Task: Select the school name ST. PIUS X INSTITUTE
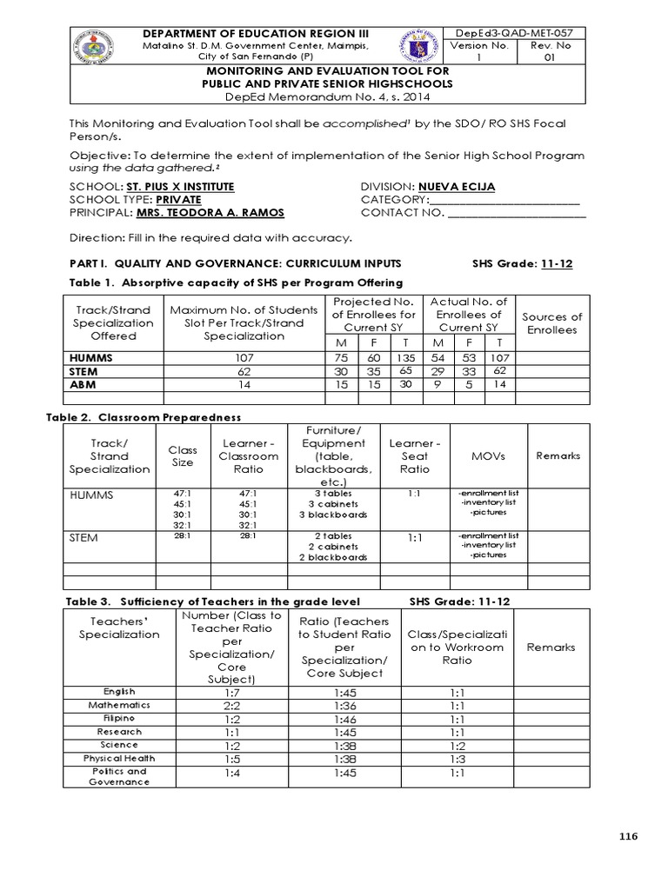point(179,187)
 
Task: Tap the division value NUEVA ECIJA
point(452,187)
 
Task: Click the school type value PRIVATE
point(170,200)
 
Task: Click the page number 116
point(628,836)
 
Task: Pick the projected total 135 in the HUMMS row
point(405,356)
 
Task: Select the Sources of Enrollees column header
point(551,323)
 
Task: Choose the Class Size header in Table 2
point(183,456)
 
